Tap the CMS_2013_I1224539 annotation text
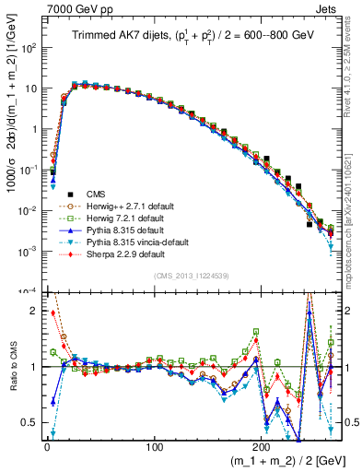coord(191,274)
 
